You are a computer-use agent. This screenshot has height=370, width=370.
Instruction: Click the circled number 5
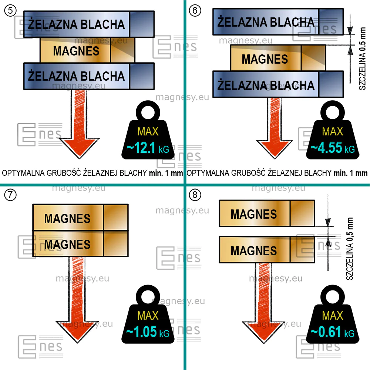click(10, 11)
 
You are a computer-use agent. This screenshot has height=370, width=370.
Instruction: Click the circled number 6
click(195, 11)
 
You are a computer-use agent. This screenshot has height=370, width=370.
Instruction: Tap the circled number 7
click(10, 195)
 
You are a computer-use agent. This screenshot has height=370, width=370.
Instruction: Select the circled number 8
click(195, 195)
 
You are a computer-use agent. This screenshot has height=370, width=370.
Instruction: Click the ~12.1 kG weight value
click(148, 148)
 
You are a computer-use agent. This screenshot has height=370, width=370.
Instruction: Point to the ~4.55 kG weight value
click(333, 148)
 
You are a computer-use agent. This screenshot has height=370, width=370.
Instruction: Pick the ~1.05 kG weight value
click(148, 332)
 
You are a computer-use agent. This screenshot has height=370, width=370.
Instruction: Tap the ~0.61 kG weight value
click(333, 332)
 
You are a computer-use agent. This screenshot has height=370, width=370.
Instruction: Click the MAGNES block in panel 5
click(88, 50)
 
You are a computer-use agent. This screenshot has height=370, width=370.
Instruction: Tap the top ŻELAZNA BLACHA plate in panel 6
click(278, 22)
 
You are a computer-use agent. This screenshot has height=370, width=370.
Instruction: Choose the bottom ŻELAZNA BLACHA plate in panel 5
click(89, 76)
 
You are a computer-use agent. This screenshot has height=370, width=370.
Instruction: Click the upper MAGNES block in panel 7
click(80, 218)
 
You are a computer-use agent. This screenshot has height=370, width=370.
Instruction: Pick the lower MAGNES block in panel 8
click(267, 250)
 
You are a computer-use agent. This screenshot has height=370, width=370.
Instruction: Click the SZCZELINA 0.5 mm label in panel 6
click(363, 58)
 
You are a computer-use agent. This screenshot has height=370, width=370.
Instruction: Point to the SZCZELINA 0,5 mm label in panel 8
click(350, 249)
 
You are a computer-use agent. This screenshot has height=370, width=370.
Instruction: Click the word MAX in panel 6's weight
click(333, 131)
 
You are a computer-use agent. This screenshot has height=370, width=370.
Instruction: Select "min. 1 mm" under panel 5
click(166, 173)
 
